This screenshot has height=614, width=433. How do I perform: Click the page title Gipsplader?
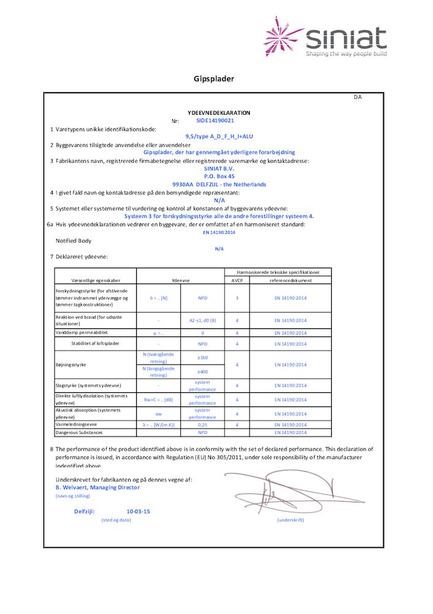pyautogui.click(x=214, y=79)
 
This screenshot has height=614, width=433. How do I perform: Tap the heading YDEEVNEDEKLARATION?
pyautogui.click(x=219, y=113)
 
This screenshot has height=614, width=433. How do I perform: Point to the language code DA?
pyautogui.click(x=358, y=98)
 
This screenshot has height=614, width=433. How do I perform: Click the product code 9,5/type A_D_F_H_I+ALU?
pyautogui.click(x=219, y=137)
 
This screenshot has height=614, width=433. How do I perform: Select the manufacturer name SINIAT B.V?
pyautogui.click(x=219, y=168)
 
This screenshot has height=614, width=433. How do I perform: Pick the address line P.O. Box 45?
pyautogui.click(x=219, y=176)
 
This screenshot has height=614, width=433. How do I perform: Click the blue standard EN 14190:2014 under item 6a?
pyautogui.click(x=219, y=232)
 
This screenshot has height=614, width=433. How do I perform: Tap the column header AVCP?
pyautogui.click(x=237, y=280)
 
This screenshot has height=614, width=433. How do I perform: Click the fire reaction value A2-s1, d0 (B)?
pyautogui.click(x=202, y=320)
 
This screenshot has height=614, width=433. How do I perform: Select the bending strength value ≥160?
pyautogui.click(x=202, y=357)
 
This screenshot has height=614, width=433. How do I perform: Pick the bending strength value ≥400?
pyautogui.click(x=202, y=371)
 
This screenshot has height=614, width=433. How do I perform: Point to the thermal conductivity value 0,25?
pyautogui.click(x=202, y=424)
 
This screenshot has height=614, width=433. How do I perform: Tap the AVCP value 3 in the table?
pyautogui.click(x=237, y=298)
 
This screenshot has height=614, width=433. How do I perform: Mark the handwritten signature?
pyautogui.click(x=288, y=491)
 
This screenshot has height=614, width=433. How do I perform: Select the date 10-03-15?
pyautogui.click(x=139, y=511)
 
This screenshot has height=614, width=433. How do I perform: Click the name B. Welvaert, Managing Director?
pyautogui.click(x=98, y=488)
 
